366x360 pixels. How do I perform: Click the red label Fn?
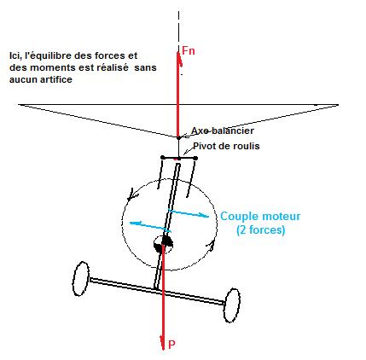[189, 50]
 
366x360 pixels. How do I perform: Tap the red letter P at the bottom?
[171, 345]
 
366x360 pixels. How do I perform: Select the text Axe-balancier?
[223, 131]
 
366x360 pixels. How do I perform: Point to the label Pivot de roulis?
[227, 146]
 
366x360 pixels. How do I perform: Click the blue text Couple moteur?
[260, 216]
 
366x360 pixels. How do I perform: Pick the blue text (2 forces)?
[261, 229]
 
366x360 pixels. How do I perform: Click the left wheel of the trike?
[81, 279]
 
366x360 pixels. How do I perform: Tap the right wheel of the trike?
[231, 305]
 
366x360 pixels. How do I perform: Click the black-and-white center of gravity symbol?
[163, 244]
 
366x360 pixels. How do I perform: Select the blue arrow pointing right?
[189, 213]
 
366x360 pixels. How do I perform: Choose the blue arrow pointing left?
[150, 227]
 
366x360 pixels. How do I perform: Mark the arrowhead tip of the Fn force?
[178, 52]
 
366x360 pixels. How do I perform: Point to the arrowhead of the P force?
[163, 349]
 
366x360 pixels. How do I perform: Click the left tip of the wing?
[19, 105]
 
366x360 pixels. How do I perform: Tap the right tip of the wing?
[338, 105]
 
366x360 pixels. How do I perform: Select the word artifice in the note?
[56, 79]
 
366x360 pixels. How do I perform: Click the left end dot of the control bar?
[162, 157]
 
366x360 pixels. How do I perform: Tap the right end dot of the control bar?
[195, 158]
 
